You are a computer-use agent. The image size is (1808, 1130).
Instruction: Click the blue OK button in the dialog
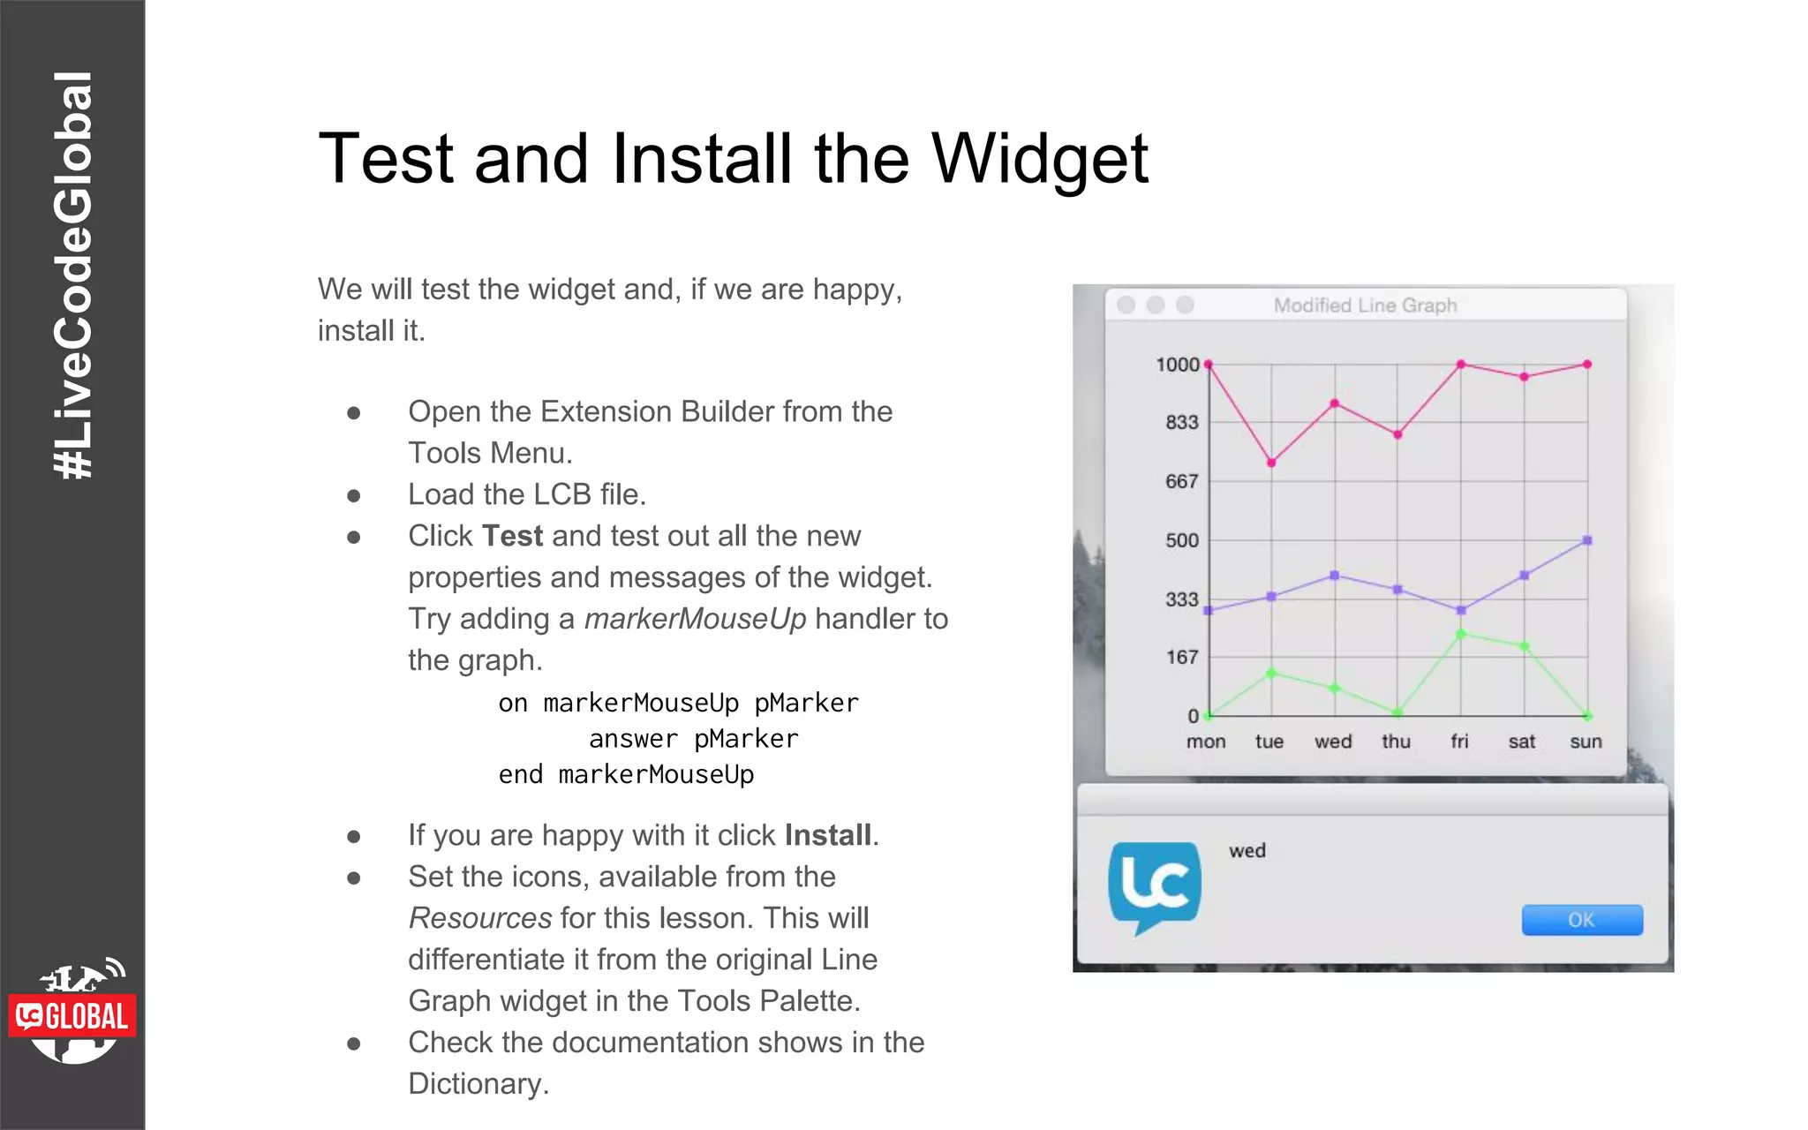1581,920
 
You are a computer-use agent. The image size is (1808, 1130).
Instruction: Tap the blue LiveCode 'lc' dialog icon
1155,885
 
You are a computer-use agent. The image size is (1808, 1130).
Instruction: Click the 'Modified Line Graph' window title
1365,305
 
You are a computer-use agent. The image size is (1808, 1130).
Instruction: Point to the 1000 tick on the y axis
1178,365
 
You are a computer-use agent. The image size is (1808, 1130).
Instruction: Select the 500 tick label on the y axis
1182,540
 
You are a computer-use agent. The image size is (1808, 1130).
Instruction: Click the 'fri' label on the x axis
1459,742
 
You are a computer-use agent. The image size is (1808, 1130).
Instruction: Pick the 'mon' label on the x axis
1206,742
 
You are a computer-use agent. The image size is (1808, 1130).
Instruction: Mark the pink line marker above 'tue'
1271,463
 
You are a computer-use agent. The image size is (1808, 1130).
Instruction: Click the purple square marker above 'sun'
1587,540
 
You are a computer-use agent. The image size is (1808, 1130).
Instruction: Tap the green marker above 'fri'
1461,634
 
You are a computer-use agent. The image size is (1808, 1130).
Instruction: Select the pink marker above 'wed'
1335,403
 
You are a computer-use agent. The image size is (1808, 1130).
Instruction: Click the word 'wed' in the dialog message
1247,851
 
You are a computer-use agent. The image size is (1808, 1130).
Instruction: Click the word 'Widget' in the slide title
1040,159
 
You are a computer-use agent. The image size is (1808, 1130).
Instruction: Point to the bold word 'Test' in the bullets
512,536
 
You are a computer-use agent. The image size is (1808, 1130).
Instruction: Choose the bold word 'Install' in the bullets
827,835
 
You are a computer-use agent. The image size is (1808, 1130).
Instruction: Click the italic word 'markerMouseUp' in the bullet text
695,619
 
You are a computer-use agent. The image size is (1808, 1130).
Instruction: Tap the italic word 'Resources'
480,918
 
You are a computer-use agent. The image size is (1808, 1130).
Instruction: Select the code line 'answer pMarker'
693,739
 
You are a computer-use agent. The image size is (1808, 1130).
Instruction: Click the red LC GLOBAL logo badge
72,1016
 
